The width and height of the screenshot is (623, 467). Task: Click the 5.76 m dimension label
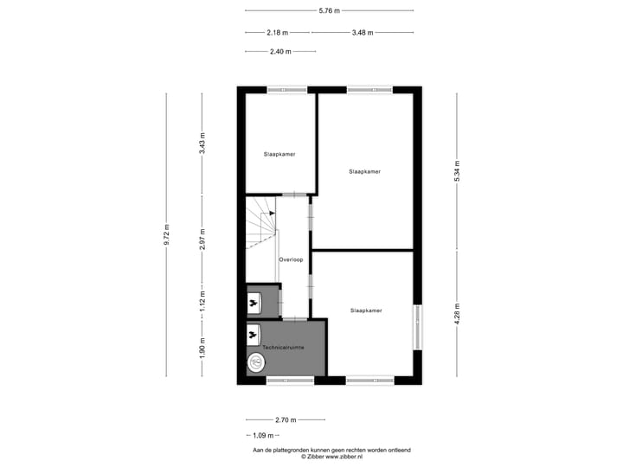(329, 10)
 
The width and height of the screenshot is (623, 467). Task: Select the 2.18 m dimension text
(277, 33)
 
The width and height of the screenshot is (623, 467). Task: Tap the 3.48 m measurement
(363, 33)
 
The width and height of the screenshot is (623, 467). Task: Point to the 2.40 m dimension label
(279, 52)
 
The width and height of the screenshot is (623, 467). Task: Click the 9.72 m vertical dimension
(167, 235)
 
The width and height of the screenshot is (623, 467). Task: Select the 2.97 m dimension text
(202, 240)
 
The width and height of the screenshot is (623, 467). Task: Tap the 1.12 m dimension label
(202, 300)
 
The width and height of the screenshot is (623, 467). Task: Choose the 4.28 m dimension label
(458, 311)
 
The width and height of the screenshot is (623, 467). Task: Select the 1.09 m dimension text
(262, 435)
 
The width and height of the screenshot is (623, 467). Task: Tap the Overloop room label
(291, 259)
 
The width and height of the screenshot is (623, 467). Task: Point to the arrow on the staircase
(273, 212)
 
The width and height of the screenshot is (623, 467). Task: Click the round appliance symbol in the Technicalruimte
(257, 363)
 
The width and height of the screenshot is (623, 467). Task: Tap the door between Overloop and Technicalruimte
(295, 319)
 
